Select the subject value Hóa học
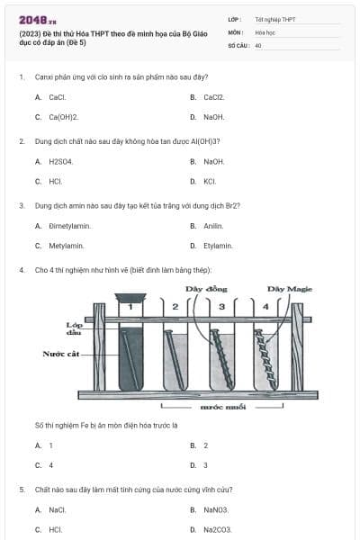(x=265, y=31)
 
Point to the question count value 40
(x=258, y=44)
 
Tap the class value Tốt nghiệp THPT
(x=274, y=19)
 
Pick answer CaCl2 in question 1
(x=213, y=97)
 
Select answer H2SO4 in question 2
(x=60, y=161)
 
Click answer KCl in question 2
(x=210, y=181)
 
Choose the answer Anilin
(x=213, y=226)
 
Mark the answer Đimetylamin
(x=67, y=226)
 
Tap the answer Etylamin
(x=218, y=246)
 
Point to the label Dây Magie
(x=289, y=289)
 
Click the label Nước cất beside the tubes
(x=60, y=354)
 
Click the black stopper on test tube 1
(x=130, y=297)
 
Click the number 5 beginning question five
(x=22, y=490)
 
